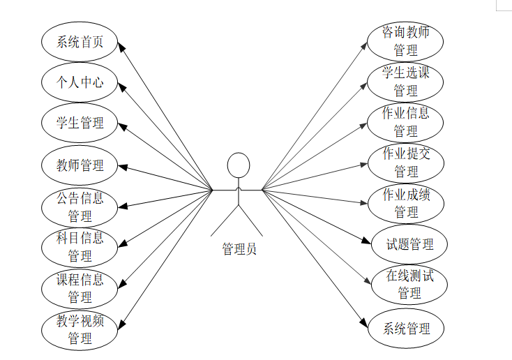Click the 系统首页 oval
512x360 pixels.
click(x=80, y=41)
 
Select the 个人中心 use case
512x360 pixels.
click(x=80, y=82)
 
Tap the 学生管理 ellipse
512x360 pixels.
click(x=80, y=123)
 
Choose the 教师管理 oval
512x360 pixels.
click(x=80, y=166)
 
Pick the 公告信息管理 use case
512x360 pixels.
click(x=80, y=207)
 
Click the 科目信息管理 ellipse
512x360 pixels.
click(x=80, y=247)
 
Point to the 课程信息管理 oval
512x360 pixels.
click(x=80, y=288)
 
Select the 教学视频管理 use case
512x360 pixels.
click(x=80, y=330)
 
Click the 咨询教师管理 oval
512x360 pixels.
click(x=406, y=41)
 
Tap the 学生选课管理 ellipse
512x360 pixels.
click(x=406, y=82)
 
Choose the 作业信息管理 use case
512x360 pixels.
click(x=406, y=122)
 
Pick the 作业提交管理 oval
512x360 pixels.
click(x=406, y=163)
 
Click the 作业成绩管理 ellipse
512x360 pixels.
click(x=406, y=203)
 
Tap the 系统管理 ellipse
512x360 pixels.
click(x=406, y=329)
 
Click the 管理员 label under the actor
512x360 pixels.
click(x=239, y=249)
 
